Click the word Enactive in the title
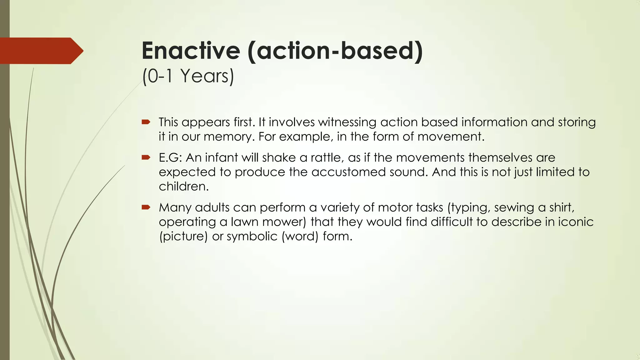coord(191,51)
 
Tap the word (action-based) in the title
coord(335,51)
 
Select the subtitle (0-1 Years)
coord(188,76)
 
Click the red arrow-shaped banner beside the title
coord(41,51)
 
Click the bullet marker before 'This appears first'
coord(146,122)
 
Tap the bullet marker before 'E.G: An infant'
coord(146,157)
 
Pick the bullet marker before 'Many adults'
coord(146,207)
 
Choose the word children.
coord(183,186)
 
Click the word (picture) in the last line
coord(183,236)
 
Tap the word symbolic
coord(252,236)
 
